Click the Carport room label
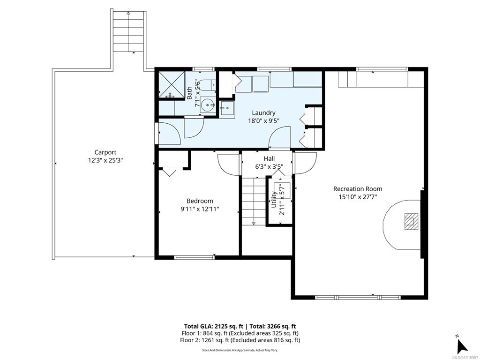point(105,152)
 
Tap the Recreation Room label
point(358,189)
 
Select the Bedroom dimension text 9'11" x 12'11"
point(200,209)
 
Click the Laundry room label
point(263,113)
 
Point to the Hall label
point(269,158)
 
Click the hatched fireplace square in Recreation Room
point(411,221)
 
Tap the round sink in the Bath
point(208,105)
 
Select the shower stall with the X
point(172,84)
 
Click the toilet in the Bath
point(210,85)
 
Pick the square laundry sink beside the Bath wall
point(227,109)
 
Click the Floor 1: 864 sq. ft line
point(240,333)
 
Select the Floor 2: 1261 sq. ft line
point(240,340)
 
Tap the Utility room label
point(274,200)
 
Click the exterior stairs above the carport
point(128,31)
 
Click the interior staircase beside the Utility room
point(254,201)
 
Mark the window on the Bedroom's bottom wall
point(194,257)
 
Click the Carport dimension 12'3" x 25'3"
point(105,160)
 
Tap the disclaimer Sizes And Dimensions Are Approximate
point(240,350)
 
